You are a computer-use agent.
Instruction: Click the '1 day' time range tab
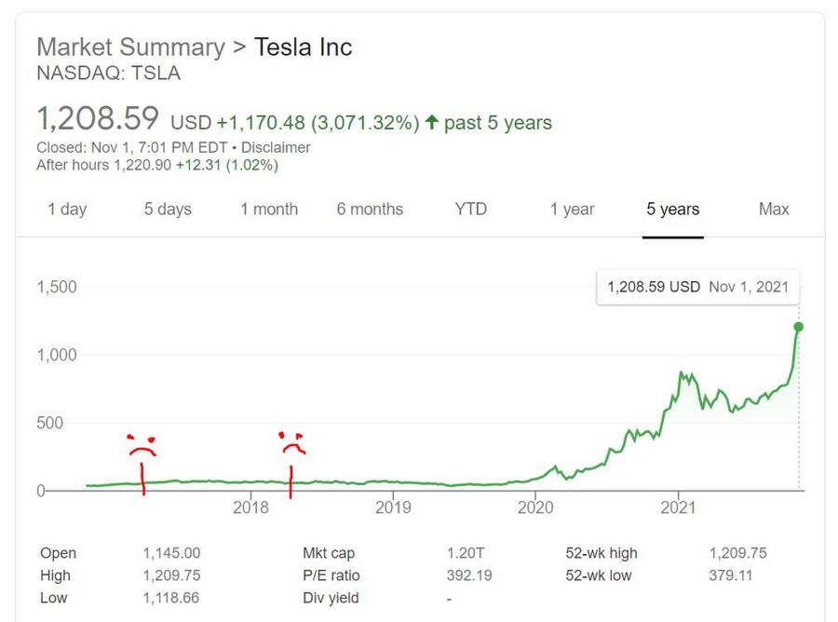coord(67,209)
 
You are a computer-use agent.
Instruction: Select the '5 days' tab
coord(168,209)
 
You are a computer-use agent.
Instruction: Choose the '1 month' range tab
coord(269,209)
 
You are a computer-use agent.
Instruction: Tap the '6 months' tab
coord(370,209)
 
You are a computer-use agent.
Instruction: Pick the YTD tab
coord(471,209)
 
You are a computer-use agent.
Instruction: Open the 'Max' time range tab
coord(774,209)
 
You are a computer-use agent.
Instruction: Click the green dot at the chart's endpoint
coord(799,327)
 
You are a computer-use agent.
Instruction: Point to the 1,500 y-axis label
coord(57,287)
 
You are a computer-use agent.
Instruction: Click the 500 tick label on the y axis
coord(49,424)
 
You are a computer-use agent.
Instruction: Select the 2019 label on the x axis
coord(393,507)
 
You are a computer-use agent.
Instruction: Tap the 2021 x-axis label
coord(678,507)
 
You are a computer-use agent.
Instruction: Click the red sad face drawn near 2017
coord(142,446)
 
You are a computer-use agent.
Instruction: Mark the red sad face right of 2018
coord(291,443)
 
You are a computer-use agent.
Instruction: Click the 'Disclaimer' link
coord(276,147)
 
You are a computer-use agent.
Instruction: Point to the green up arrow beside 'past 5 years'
coord(431,122)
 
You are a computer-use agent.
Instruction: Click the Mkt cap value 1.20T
coord(466,553)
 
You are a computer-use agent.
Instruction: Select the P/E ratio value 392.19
coord(469,575)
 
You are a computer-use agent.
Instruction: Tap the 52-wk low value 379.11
coord(731,575)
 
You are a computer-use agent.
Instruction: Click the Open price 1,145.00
coord(171,553)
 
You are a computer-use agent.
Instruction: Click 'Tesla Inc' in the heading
coord(303,47)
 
